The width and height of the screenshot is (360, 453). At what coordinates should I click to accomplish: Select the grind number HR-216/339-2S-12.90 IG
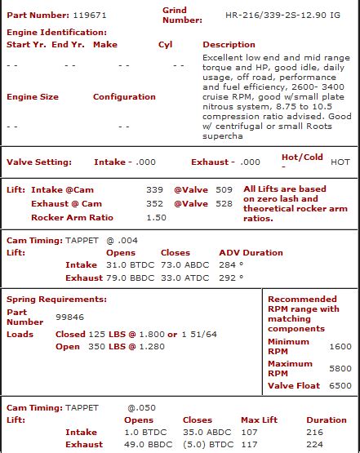[273, 15]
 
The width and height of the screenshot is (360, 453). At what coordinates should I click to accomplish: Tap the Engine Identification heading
[56, 32]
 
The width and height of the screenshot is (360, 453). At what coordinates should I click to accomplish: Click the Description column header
[229, 44]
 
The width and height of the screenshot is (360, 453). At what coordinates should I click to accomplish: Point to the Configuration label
[124, 96]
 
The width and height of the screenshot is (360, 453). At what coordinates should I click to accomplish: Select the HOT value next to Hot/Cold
[340, 162]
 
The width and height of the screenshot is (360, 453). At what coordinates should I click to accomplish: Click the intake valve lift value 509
[224, 189]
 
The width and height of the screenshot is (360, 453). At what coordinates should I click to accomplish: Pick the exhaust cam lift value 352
[154, 203]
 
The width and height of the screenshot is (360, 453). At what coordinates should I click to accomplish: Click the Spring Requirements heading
[56, 299]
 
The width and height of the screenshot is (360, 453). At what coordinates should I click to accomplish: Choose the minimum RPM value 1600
[340, 346]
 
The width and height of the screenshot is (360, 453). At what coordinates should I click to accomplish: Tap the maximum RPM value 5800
[340, 368]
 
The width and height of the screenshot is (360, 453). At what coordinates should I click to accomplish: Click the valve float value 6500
[340, 385]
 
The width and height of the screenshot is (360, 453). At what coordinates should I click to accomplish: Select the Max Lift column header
[259, 420]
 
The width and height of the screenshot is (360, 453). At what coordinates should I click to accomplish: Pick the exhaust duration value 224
[314, 445]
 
